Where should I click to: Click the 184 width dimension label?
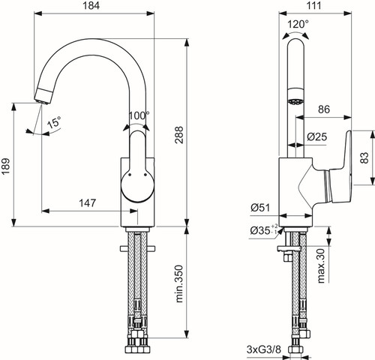pos(91,5)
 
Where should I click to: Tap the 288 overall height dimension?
pos(179,135)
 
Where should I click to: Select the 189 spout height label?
pos(5,166)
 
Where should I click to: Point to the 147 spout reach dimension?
pos(88,202)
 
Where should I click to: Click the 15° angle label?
pos(54,122)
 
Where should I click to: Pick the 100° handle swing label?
pos(139,115)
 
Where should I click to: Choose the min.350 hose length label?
pos(179,284)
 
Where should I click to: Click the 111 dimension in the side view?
pos(313,5)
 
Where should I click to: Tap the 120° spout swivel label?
pos(298,24)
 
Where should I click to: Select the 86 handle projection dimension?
pos(324,109)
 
